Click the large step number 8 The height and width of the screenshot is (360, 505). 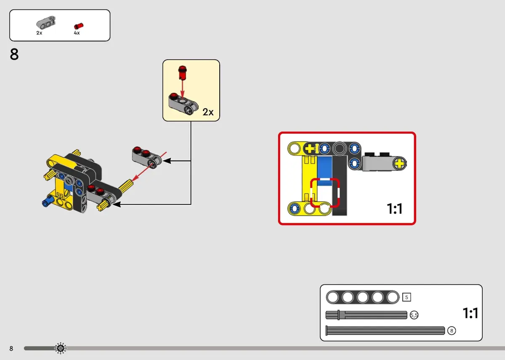(x=14, y=54)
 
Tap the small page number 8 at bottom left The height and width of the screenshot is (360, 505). (x=11, y=349)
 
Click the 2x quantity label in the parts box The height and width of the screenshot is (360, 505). (x=39, y=33)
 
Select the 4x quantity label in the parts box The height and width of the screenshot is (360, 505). (x=77, y=33)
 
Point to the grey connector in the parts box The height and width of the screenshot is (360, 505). (x=46, y=22)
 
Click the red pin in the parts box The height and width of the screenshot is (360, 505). (x=79, y=26)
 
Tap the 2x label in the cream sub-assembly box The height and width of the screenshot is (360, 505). (x=208, y=112)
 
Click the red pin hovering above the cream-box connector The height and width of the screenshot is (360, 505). (x=182, y=72)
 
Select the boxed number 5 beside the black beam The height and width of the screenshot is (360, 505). (x=407, y=297)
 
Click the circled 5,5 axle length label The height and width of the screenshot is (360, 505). (x=414, y=315)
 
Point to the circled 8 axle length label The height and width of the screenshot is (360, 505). (x=452, y=331)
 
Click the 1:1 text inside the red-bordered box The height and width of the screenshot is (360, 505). (x=395, y=209)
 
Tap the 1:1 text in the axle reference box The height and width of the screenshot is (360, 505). (x=470, y=313)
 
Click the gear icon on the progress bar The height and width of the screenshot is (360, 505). (x=61, y=349)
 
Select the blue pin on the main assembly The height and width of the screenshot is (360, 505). (x=48, y=201)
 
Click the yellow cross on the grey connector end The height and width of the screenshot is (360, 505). (x=399, y=163)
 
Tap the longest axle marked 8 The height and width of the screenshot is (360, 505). (x=385, y=331)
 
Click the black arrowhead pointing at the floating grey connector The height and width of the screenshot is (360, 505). (x=167, y=161)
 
